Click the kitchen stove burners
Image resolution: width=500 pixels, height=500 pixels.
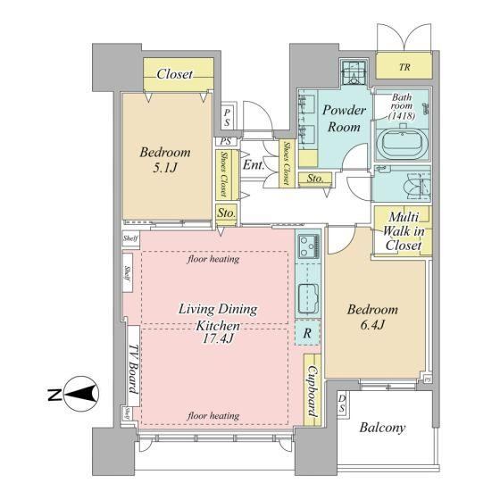pyautogui.click(x=308, y=246)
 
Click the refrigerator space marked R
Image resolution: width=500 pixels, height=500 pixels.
pyautogui.click(x=307, y=333)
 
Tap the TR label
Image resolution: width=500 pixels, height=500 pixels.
pyautogui.click(x=404, y=67)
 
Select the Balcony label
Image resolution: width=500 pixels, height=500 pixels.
pyautogui.click(x=382, y=428)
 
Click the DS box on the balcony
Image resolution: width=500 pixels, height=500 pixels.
pyautogui.click(x=343, y=403)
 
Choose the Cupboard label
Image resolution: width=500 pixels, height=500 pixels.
pyautogui.click(x=312, y=391)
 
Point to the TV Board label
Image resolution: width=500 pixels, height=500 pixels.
pyautogui.click(x=133, y=369)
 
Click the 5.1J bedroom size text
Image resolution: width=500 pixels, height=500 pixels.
pyautogui.click(x=165, y=168)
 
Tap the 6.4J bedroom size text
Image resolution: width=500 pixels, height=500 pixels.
pyautogui.click(x=373, y=325)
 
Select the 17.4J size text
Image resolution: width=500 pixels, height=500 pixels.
pyautogui.click(x=218, y=338)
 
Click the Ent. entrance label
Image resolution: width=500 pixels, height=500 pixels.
pyautogui.click(x=254, y=165)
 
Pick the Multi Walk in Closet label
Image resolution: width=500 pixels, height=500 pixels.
pyautogui.click(x=404, y=231)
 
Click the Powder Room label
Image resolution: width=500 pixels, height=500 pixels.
pyautogui.click(x=344, y=118)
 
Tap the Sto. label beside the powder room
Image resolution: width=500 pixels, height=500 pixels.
pyautogui.click(x=315, y=179)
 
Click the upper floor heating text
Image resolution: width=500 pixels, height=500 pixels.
pyautogui.click(x=213, y=259)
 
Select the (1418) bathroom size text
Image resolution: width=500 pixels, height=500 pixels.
pyautogui.click(x=402, y=116)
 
